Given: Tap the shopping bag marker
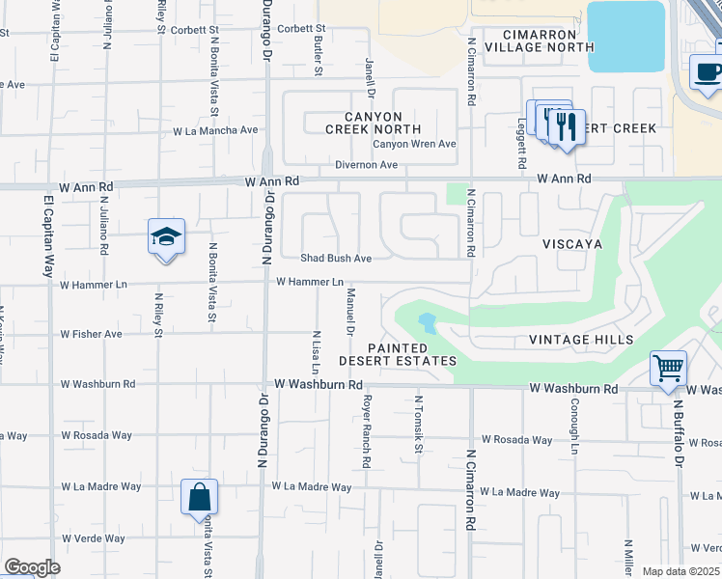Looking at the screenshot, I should tap(199, 497).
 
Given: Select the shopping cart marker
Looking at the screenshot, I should tap(668, 368).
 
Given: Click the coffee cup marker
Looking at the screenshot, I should tap(708, 72).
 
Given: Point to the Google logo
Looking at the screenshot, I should tap(32, 567).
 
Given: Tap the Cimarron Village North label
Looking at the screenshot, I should tap(540, 41).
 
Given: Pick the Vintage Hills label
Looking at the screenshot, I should tap(581, 340).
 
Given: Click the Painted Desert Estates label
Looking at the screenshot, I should tap(397, 354).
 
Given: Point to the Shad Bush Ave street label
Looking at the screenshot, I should tap(336, 259).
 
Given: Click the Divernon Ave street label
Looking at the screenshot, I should tap(367, 165).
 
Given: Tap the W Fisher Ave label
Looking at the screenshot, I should tap(91, 334).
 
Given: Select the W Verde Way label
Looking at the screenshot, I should tap(93, 538).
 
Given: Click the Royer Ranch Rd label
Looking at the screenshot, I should tap(367, 431).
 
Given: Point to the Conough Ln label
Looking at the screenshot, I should tap(573, 426).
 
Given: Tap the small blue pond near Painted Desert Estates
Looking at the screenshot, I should tap(426, 321).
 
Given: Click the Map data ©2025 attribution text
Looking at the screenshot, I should tap(680, 571).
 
